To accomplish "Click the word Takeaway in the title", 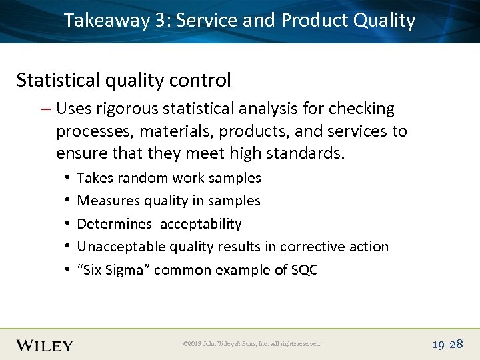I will coord(107,21).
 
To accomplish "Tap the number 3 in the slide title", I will coord(160,21).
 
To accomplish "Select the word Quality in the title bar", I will coord(384,21).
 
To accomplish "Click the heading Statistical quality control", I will coord(123,81).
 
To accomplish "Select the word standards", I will coord(305,154).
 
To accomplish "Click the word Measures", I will coord(106,201).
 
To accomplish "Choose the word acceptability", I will coord(201,224).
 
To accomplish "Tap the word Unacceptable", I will coord(121,247).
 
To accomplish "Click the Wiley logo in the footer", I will coord(45,345).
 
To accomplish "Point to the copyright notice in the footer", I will coord(252,344).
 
